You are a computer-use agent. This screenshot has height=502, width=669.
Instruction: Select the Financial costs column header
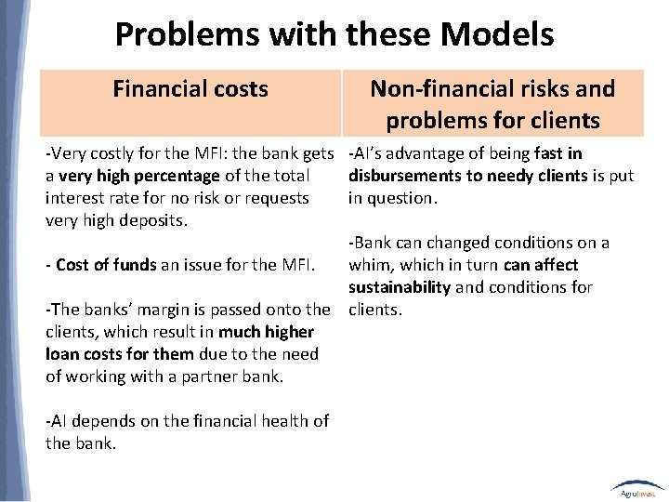(190, 89)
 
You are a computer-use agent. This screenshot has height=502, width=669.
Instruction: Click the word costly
(110, 153)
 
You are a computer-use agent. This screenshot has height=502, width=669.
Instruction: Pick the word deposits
(157, 220)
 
